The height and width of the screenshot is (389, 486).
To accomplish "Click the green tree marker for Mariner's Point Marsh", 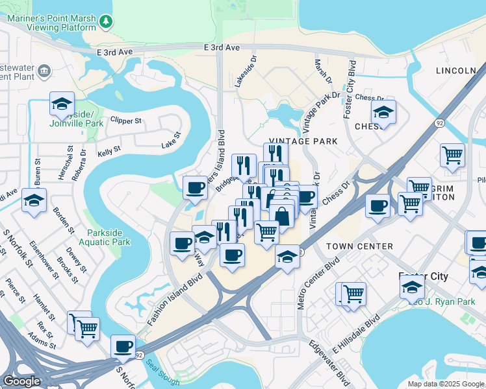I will [107, 22].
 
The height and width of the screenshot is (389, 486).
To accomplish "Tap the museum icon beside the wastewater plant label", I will [45, 71].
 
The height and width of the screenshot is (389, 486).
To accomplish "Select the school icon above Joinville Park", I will [62, 104].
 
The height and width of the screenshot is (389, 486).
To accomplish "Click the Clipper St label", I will [126, 121].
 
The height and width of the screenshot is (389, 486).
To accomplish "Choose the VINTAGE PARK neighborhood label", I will [303, 141].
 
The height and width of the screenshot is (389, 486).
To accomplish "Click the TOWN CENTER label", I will [359, 246].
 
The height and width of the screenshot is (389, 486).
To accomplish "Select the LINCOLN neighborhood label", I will [456, 70].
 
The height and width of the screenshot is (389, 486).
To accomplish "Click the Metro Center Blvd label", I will [319, 283].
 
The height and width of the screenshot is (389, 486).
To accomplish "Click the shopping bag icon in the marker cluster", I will [282, 215].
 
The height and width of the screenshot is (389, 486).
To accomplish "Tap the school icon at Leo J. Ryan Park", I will [413, 287].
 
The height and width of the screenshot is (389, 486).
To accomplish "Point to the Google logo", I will [21, 381].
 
